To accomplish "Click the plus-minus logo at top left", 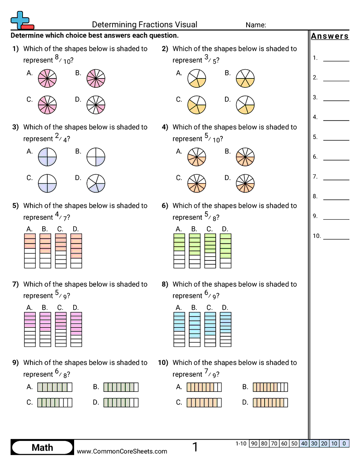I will (x=21, y=20).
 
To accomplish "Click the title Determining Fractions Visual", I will (x=145, y=25).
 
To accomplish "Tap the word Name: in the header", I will (x=256, y=25).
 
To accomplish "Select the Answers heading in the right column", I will (x=330, y=36).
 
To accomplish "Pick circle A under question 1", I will (x=47, y=79).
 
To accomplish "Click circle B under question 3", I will (x=96, y=157).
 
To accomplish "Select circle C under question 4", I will (x=197, y=184).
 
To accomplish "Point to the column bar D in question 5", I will (x=76, y=251).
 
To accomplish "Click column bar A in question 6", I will (x=179, y=251).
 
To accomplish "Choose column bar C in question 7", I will (x=61, y=329).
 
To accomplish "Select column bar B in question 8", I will (x=195, y=329).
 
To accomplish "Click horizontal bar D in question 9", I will (x=121, y=402).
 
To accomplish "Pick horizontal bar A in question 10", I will (x=204, y=387).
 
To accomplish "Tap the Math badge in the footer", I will (x=42, y=448).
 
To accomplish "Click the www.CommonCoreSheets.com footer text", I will (x=122, y=451).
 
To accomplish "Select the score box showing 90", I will (x=254, y=443).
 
